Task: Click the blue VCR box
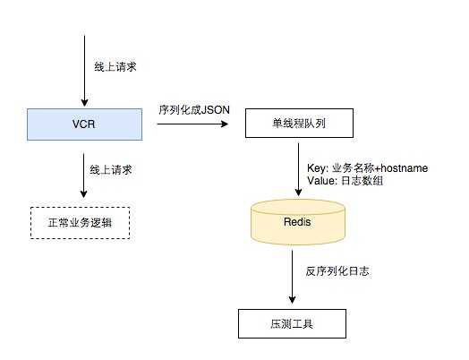(x=83, y=123)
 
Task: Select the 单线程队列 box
(x=294, y=123)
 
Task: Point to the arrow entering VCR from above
(x=83, y=72)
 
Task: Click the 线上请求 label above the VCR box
(x=115, y=67)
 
